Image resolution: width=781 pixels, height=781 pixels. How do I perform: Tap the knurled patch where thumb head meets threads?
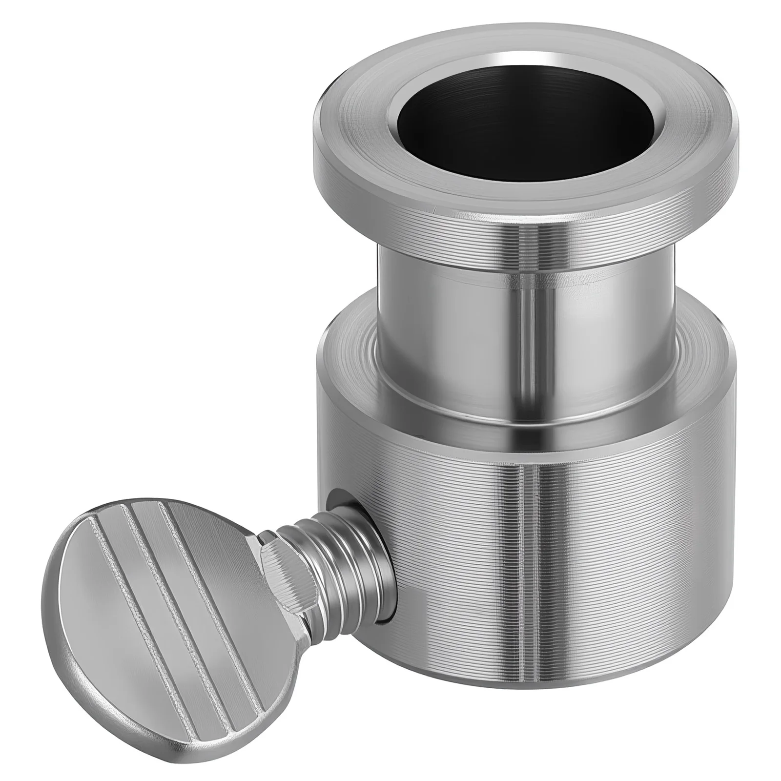pos(283,566)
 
